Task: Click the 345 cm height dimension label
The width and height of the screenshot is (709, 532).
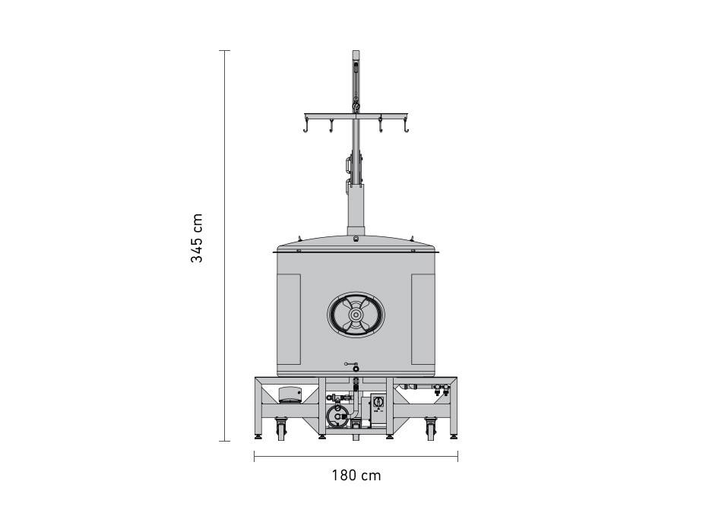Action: [197, 238]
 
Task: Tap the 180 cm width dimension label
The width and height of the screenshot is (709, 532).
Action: [356, 476]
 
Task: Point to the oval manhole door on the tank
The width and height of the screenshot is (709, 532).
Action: [356, 314]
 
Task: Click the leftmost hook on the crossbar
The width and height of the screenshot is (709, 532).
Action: [306, 125]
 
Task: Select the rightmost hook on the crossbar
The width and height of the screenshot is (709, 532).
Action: [406, 125]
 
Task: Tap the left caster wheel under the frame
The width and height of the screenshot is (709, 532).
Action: [281, 429]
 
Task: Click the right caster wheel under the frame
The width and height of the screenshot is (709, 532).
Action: [431, 429]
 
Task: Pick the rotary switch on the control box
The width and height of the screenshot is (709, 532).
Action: [378, 400]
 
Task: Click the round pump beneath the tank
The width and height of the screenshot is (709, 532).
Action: [337, 415]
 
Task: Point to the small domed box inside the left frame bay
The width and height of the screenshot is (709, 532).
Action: [290, 395]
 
